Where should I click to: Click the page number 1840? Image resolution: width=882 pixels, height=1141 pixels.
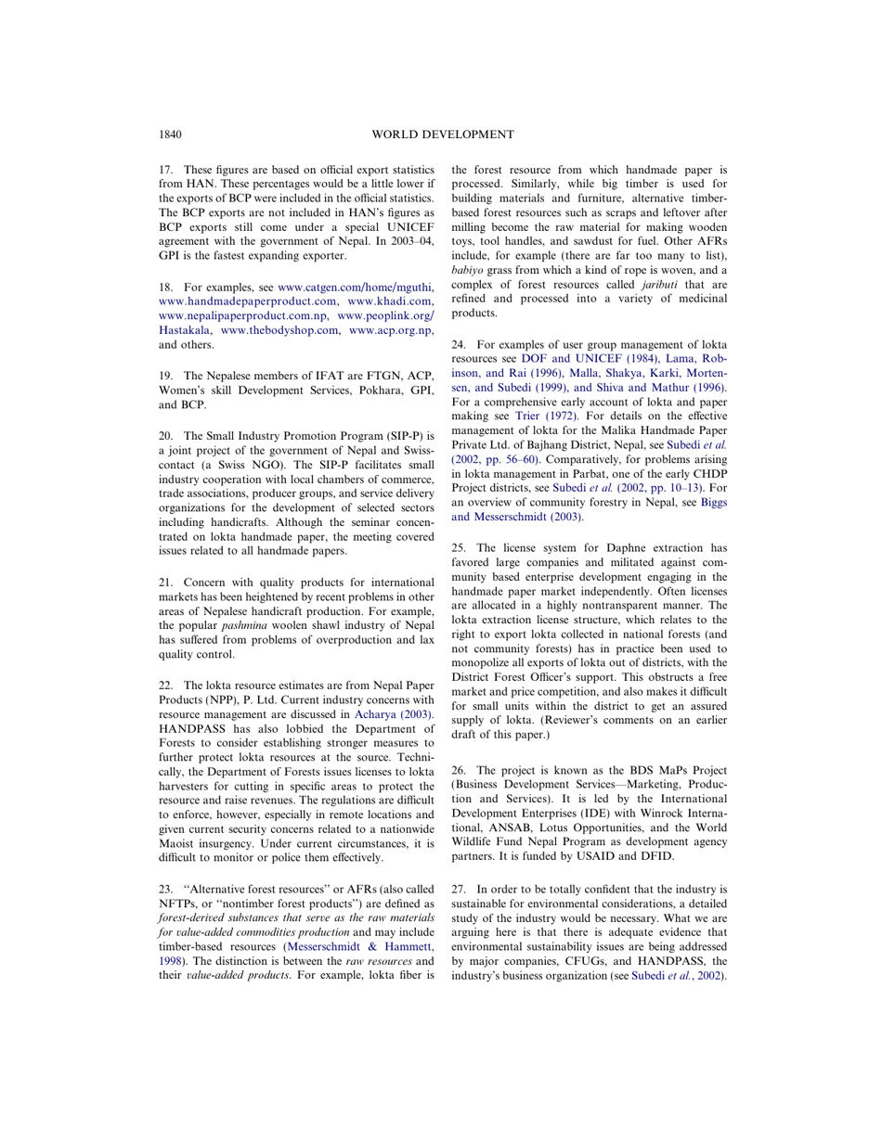pos(170,135)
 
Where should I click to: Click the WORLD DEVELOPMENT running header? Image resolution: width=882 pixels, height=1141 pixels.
pos(442,135)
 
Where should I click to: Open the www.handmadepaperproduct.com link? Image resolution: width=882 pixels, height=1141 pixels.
pos(248,301)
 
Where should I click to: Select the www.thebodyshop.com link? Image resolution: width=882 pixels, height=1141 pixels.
pos(279,330)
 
